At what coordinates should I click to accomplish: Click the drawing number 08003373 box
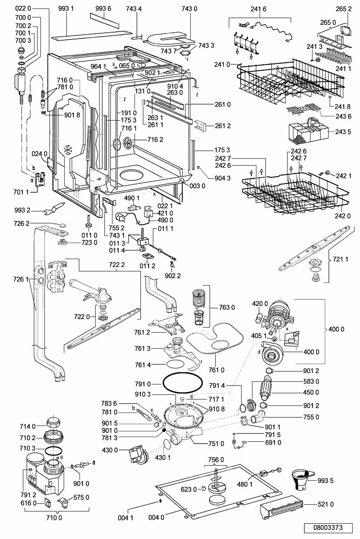328,528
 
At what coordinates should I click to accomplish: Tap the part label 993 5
326,480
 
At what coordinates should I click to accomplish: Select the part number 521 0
326,504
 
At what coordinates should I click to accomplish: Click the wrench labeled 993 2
54,208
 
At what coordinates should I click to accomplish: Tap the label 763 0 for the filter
227,307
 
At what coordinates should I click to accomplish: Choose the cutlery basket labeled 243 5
308,131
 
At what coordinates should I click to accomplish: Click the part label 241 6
258,9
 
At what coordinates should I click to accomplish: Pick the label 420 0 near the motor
260,304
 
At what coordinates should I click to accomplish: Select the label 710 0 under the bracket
54,517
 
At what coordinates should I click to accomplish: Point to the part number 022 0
23,8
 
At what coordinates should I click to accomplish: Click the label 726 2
22,224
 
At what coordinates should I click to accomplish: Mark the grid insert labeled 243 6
304,109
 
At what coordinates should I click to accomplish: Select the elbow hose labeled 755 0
258,417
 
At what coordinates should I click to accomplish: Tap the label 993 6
103,8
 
